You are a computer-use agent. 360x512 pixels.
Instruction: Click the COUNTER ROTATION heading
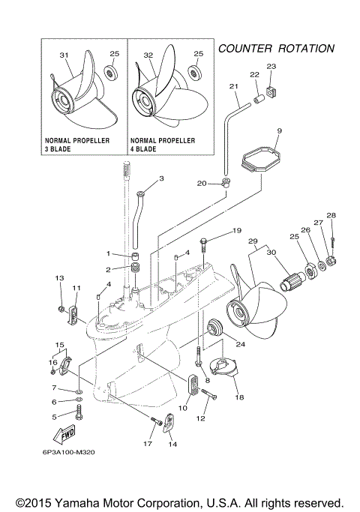tap(275, 48)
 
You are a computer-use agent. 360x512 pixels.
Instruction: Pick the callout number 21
tap(234, 87)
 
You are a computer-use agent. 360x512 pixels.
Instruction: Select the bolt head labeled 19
tap(204, 243)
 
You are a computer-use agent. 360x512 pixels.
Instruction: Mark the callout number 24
tap(241, 346)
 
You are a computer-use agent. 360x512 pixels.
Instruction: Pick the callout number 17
tap(148, 445)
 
